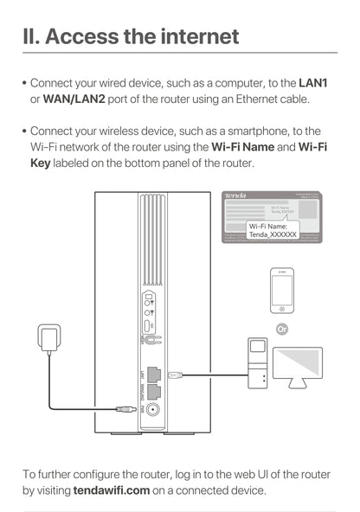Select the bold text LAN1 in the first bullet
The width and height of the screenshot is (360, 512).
[312, 83]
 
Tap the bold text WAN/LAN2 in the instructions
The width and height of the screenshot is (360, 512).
[76, 99]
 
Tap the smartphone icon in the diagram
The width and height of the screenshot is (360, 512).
[281, 291]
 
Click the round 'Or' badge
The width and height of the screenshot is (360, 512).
[281, 329]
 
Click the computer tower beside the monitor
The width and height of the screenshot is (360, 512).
[258, 366]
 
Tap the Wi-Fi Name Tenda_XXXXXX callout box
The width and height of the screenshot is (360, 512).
[273, 229]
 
